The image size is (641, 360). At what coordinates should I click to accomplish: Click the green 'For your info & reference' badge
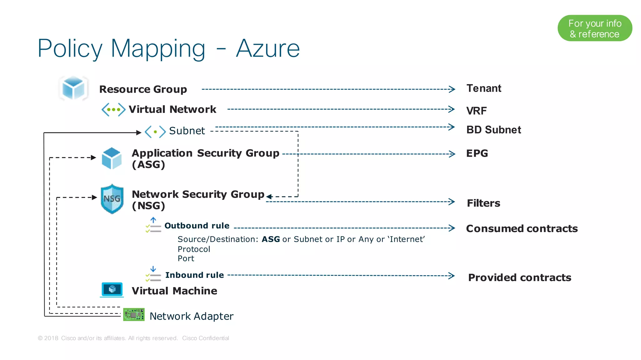pos(595,28)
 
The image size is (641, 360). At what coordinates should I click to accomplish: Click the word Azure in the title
pos(268,48)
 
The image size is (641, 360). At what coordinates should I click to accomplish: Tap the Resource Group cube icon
pos(73,88)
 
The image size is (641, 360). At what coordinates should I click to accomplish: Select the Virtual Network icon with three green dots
pos(113,109)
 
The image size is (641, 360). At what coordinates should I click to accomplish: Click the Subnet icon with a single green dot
pos(155,132)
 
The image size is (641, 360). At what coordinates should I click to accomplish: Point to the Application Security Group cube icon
pos(112,158)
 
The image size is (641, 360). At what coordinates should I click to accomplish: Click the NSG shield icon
pos(112,199)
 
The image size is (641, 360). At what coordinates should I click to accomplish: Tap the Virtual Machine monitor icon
pos(112,290)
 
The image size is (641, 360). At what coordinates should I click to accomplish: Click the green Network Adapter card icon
pos(134,315)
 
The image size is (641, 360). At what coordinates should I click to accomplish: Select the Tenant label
pos(484,89)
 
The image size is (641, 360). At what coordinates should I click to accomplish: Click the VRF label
pos(476,111)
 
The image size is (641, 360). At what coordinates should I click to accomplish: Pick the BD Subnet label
pos(494,130)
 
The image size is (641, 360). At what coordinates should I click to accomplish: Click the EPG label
pos(477,153)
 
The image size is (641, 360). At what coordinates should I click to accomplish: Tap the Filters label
pos(484,203)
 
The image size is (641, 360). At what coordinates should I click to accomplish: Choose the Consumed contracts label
pos(522,229)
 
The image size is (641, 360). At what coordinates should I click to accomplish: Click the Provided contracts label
pos(520,278)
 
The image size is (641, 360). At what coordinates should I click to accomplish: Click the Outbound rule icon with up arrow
pos(153,225)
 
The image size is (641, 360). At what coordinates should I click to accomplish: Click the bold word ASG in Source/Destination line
pos(271,239)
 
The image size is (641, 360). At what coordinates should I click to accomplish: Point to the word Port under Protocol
pos(186,259)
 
